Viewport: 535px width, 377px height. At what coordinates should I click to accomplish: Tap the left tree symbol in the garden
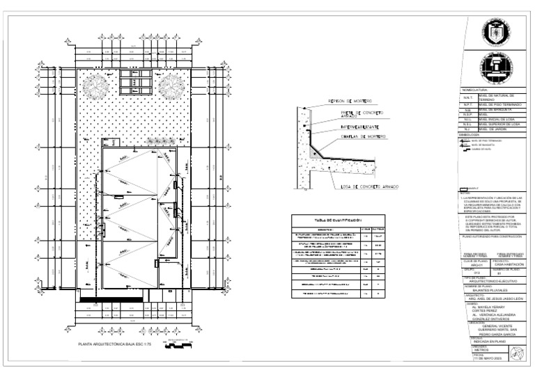coord(94,86)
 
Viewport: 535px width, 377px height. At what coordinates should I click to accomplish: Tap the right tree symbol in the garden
coord(170,86)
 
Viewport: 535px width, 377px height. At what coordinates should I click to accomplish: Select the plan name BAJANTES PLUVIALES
coord(483,290)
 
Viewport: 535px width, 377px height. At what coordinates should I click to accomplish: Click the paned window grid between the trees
coord(132,81)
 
